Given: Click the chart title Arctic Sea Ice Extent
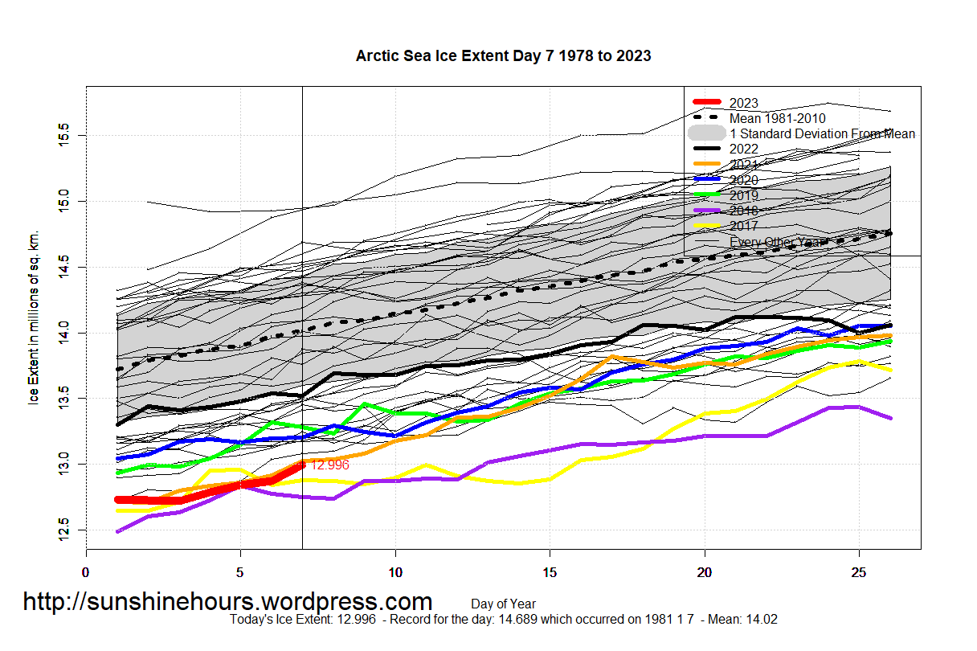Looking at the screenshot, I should [x=503, y=56].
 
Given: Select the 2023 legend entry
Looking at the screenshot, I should [x=743, y=103].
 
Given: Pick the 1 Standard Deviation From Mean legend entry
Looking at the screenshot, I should [x=822, y=133].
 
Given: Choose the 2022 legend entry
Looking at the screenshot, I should [x=743, y=149].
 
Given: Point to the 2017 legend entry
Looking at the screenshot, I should [x=743, y=226].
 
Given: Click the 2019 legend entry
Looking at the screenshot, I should [x=743, y=195].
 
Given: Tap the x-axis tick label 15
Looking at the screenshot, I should [x=550, y=572].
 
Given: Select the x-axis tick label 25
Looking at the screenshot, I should [x=859, y=572].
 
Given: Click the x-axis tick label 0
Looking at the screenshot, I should [x=86, y=572].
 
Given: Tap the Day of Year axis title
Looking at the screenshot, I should [x=503, y=604].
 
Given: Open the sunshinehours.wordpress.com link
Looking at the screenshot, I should [x=227, y=601].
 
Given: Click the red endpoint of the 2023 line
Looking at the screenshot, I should [x=302, y=465].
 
